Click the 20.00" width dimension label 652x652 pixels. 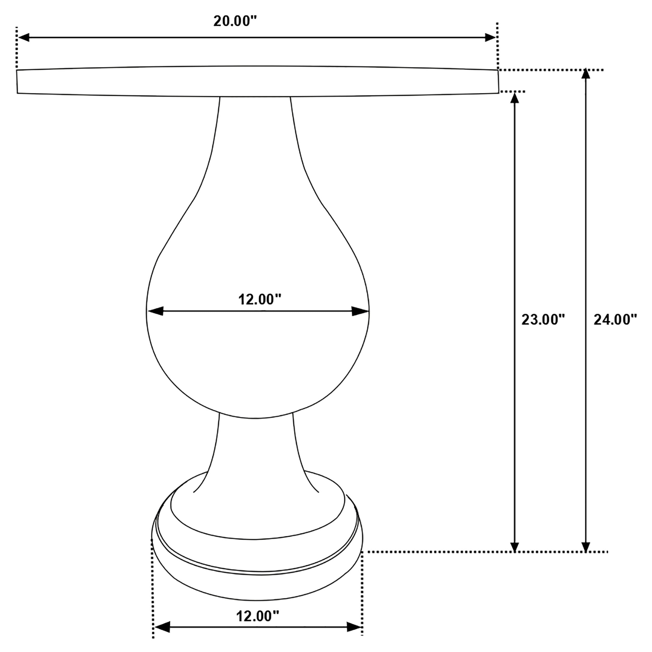pos(235,21)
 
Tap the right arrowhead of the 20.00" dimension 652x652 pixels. pos(490,38)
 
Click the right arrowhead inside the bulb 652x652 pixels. pos(360,311)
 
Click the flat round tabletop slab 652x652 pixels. pos(258,81)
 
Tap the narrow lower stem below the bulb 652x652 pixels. pos(256,452)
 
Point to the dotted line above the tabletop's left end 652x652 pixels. pos(16,47)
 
